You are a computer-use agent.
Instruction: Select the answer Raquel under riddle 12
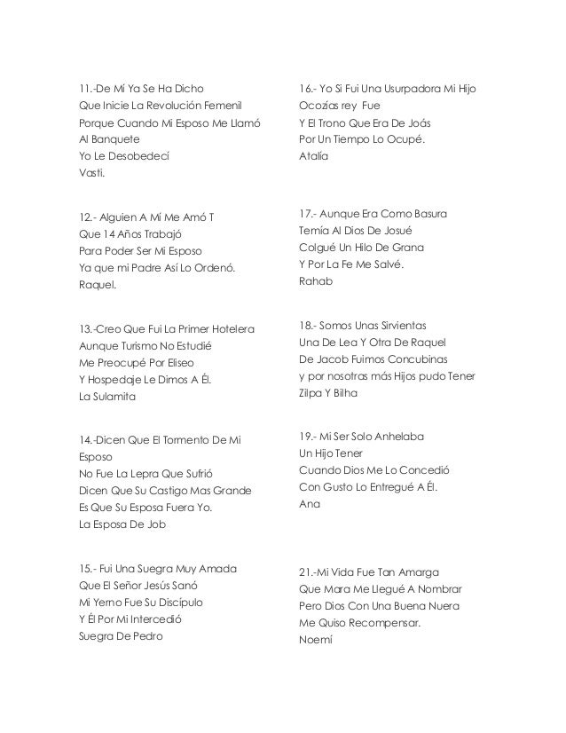pyautogui.click(x=97, y=285)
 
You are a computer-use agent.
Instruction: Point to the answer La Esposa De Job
pyautogui.click(x=122, y=524)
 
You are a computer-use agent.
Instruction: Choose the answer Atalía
pyautogui.click(x=315, y=156)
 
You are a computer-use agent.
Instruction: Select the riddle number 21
pyautogui.click(x=310, y=570)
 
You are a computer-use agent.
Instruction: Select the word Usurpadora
pyautogui.click(x=407, y=89)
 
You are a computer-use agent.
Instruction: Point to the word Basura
pyautogui.click(x=425, y=215)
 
